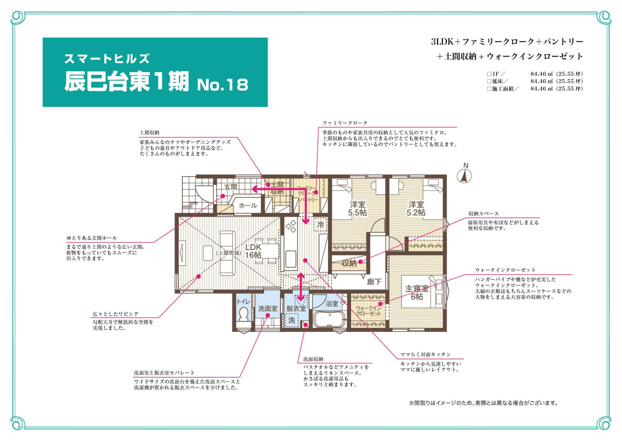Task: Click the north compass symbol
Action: [x=464, y=174]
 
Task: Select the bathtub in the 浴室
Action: [x=330, y=319]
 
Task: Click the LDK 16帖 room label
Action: [x=253, y=251]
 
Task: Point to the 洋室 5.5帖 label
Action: [x=357, y=208]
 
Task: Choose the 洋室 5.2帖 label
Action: [x=416, y=208]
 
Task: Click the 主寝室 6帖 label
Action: [x=417, y=292]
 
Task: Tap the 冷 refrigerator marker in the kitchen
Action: [x=321, y=224]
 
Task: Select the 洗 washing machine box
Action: [x=292, y=320]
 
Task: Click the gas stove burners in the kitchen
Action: [x=291, y=226]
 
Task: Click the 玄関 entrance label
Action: [x=231, y=187]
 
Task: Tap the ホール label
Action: [x=248, y=205]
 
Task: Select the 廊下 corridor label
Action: [x=374, y=282]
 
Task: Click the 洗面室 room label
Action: [x=268, y=308]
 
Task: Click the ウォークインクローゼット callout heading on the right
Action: [x=505, y=270]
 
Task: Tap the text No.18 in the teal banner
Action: [x=223, y=85]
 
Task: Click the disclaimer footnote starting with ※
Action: [x=484, y=403]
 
